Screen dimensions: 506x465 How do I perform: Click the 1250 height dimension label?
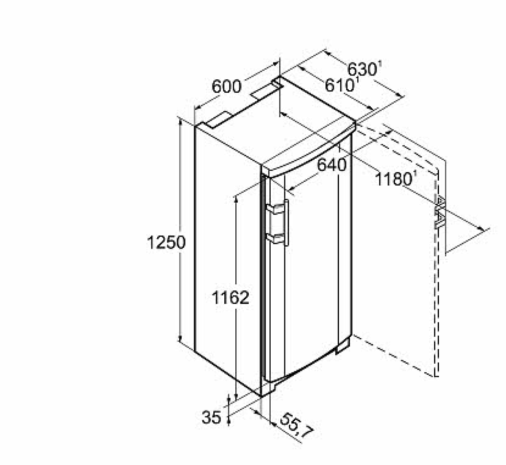point(166,243)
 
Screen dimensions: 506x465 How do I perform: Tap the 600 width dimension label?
point(226,87)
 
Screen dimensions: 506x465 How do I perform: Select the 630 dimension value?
point(362,69)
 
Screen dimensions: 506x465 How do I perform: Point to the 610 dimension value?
point(339,85)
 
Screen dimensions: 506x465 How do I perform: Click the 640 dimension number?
point(331,165)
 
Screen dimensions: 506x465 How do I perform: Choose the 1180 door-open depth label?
point(393,179)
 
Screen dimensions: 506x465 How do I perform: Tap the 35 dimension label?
point(211,417)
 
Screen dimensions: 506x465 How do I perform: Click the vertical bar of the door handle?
point(287,222)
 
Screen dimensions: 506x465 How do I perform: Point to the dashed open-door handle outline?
point(439,212)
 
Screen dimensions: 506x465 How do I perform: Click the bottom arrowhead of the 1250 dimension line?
point(180,338)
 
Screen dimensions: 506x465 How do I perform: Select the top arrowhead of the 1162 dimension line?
point(236,200)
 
